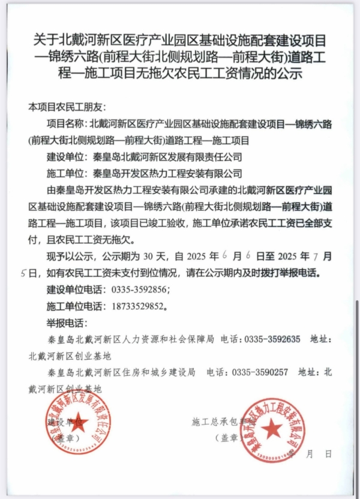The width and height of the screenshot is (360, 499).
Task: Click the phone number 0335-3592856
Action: pos(142,289)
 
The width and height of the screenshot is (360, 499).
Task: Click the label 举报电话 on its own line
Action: pos(66,322)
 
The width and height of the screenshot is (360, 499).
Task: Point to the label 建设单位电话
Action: pos(74,289)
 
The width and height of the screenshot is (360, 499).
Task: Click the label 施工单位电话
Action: pos(74,305)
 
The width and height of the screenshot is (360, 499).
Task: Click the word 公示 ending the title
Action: pos(290,74)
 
